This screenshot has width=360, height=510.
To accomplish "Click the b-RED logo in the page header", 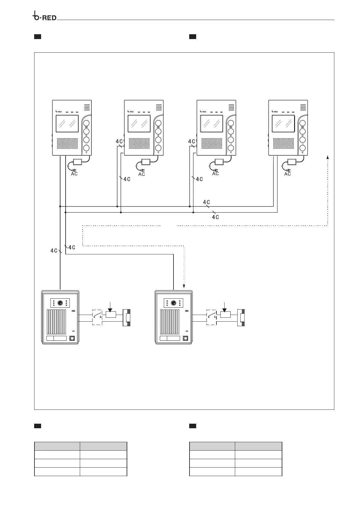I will [x=44, y=17].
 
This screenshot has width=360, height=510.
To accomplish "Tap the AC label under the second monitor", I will [x=141, y=174].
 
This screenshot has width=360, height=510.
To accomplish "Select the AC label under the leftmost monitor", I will [x=74, y=174].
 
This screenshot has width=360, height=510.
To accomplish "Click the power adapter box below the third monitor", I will [x=219, y=162].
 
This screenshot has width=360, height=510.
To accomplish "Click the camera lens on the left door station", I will [x=60, y=303].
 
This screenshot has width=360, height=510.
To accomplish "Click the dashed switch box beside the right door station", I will [x=211, y=317].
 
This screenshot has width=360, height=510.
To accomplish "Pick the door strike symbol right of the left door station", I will [x=127, y=318].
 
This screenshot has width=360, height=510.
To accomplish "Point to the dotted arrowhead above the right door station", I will [x=184, y=286].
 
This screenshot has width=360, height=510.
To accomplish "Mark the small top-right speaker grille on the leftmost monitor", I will [x=87, y=107].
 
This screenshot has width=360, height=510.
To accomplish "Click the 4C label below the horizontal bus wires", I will [x=215, y=217].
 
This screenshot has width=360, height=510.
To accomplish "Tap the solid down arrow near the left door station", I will [x=111, y=308].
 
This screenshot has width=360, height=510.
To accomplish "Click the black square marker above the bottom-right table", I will [x=193, y=426].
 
